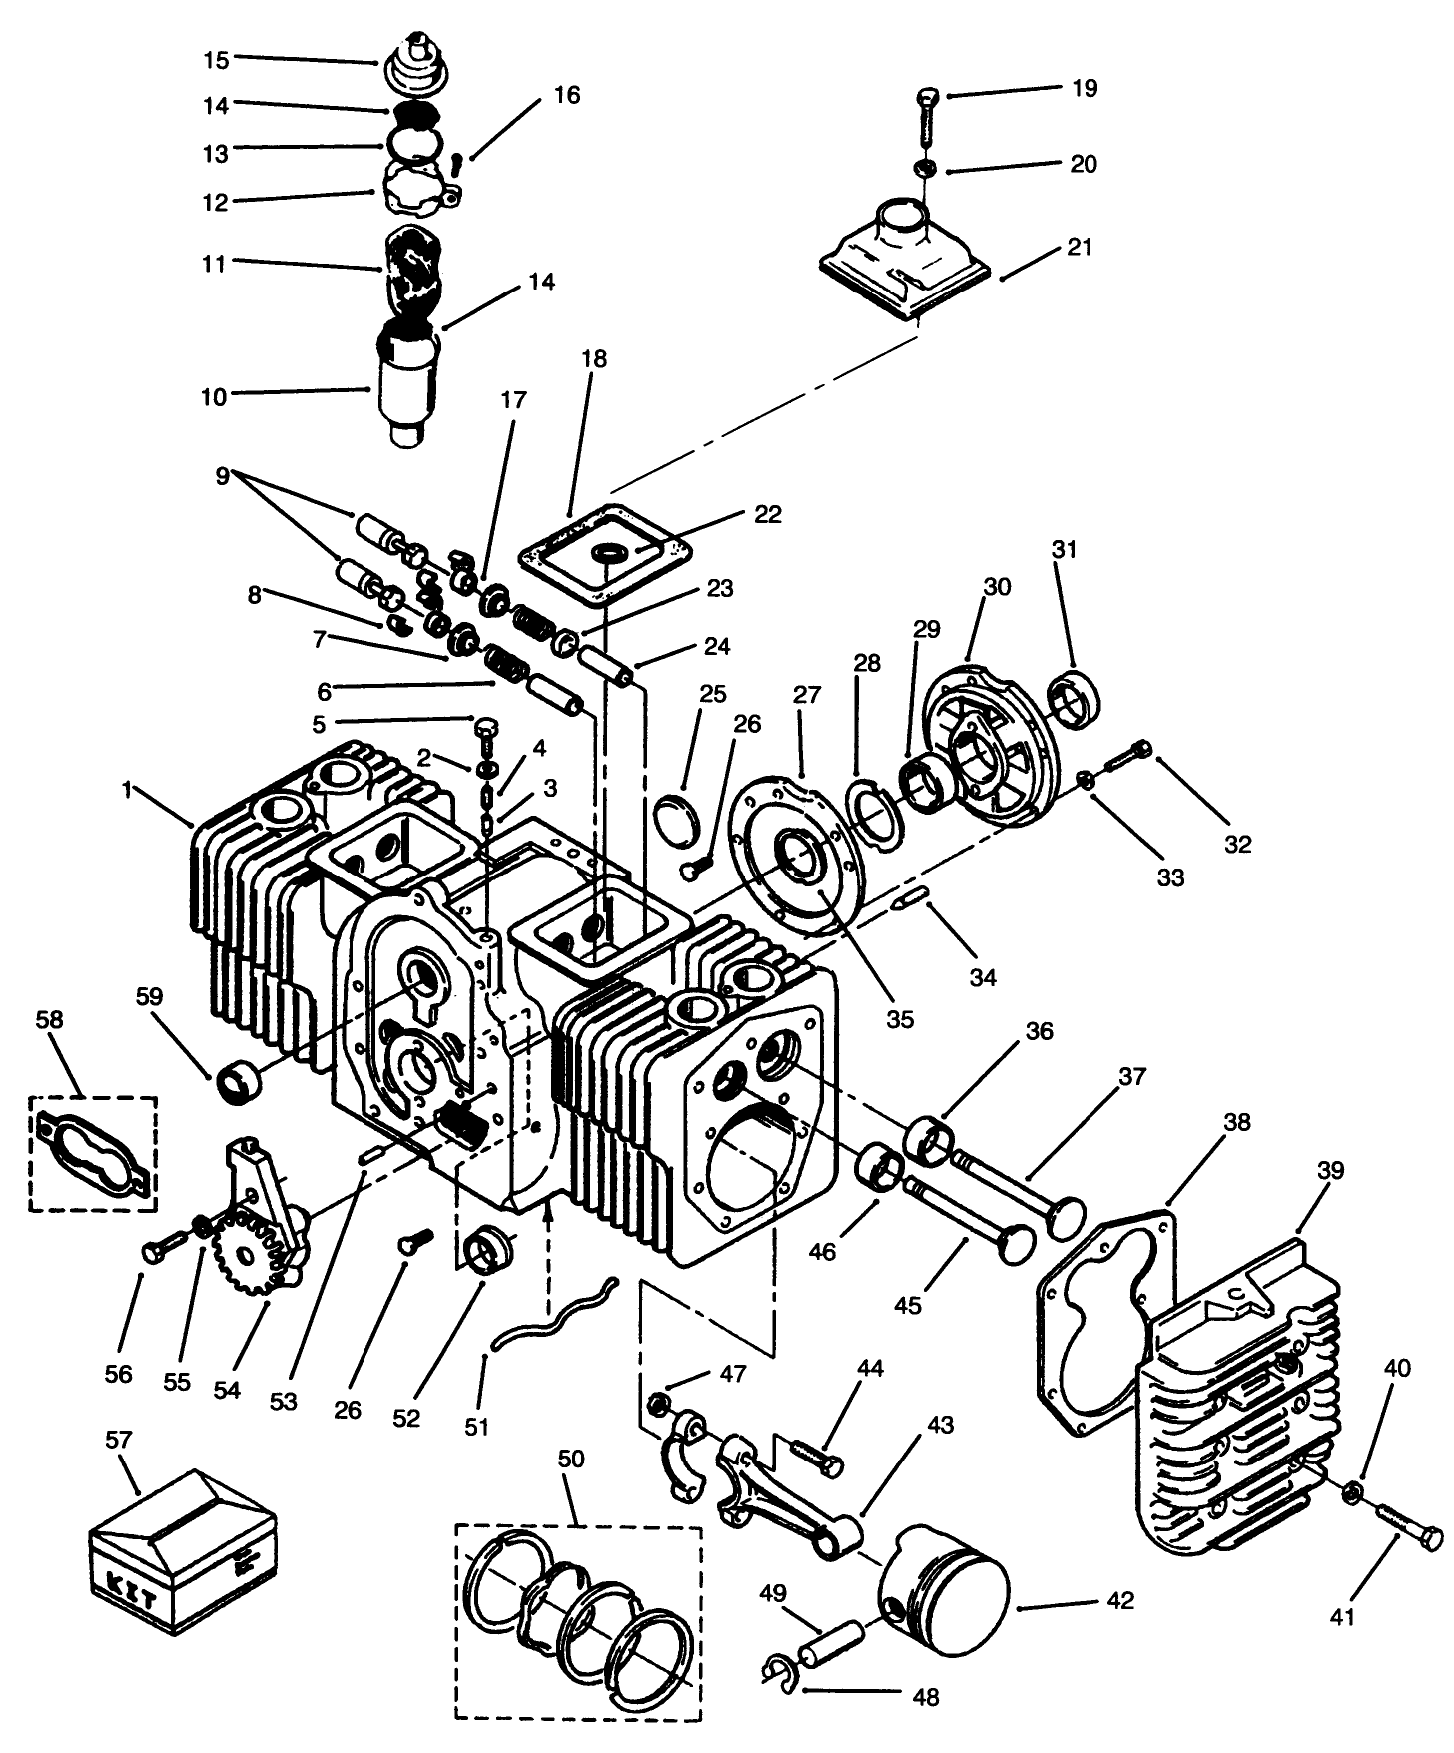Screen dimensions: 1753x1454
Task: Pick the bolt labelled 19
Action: pos(927,117)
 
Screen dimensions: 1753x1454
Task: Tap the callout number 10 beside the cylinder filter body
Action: pos(214,396)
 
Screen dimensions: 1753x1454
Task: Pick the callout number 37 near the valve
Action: pos(1132,1077)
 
